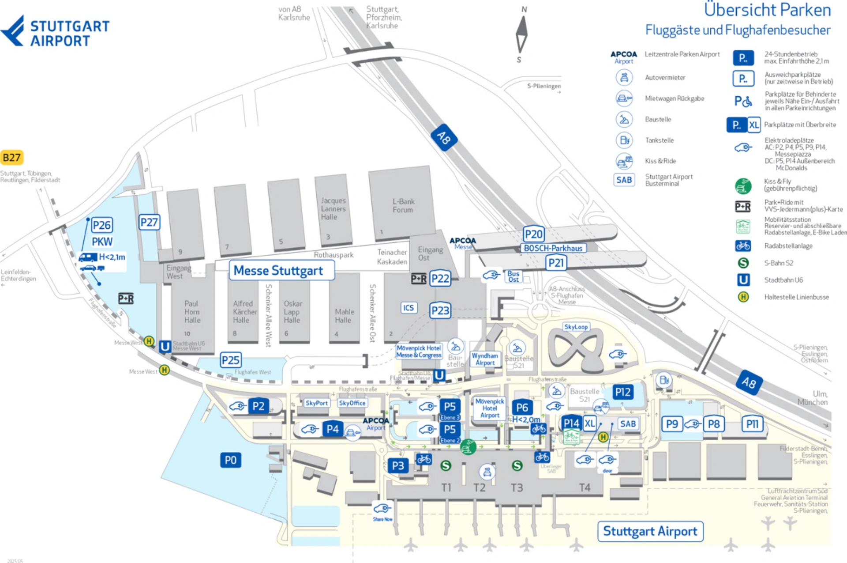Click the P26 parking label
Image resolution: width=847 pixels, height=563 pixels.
click(x=102, y=225)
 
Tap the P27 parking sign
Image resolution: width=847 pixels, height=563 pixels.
click(x=149, y=222)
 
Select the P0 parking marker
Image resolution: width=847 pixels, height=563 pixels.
click(x=230, y=460)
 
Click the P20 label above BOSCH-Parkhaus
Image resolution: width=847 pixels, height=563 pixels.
click(x=533, y=234)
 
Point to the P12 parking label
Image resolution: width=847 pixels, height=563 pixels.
click(x=622, y=392)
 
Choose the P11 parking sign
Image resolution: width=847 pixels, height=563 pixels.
click(x=752, y=424)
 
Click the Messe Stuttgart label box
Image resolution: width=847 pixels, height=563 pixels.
click(x=281, y=270)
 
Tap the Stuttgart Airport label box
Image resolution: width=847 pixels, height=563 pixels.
click(x=650, y=531)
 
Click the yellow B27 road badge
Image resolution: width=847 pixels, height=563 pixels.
click(x=11, y=158)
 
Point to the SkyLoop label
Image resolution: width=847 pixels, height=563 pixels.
click(x=576, y=327)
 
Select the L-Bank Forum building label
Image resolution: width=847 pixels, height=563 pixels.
click(x=403, y=206)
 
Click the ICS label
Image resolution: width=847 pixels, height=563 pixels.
click(x=409, y=308)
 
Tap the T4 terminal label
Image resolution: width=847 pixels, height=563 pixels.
click(x=585, y=487)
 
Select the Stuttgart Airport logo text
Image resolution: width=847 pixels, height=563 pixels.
click(x=69, y=33)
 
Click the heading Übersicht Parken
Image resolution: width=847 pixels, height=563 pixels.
click(x=767, y=10)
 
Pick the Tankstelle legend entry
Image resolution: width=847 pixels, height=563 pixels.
click(x=659, y=140)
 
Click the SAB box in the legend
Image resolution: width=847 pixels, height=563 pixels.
click(x=624, y=180)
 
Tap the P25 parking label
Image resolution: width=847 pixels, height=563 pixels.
click(x=231, y=360)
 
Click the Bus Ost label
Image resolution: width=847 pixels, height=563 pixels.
click(x=513, y=276)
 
